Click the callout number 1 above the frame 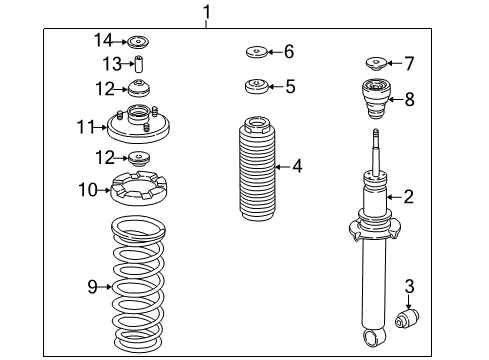207,13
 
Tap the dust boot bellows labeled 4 257,169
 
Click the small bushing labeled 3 407,318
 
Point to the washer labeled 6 257,52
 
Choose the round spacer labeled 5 257,87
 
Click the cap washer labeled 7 376,64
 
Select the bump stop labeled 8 376,100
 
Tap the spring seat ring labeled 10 138,188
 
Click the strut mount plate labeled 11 138,124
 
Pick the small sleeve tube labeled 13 139,64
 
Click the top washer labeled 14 138,42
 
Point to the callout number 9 92,286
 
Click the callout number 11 85,127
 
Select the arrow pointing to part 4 283,166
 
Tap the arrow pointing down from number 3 409,302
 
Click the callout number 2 408,197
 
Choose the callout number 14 103,40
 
